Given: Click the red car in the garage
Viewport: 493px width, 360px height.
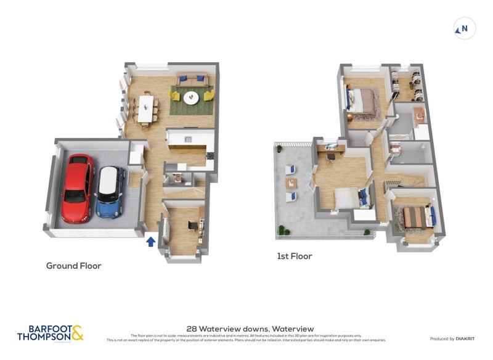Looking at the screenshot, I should [x=78, y=187].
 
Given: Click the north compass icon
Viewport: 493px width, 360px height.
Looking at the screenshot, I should [x=464, y=28].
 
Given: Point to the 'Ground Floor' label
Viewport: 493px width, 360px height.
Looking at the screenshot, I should [x=73, y=266].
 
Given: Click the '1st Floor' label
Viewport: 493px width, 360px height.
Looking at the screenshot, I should [x=294, y=256].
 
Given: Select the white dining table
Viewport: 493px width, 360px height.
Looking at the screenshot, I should [x=146, y=108].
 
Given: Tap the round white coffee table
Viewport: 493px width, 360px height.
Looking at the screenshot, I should [x=191, y=97].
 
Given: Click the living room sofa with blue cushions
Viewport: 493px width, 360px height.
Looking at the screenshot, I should [x=192, y=80].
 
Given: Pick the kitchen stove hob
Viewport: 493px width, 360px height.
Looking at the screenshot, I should [x=210, y=156].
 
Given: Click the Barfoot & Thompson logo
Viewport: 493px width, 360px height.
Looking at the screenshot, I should [x=50, y=333].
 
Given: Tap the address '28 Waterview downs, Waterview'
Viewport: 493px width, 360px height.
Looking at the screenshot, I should [x=250, y=329].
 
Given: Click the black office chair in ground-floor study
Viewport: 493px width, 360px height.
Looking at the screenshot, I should [x=193, y=225].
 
